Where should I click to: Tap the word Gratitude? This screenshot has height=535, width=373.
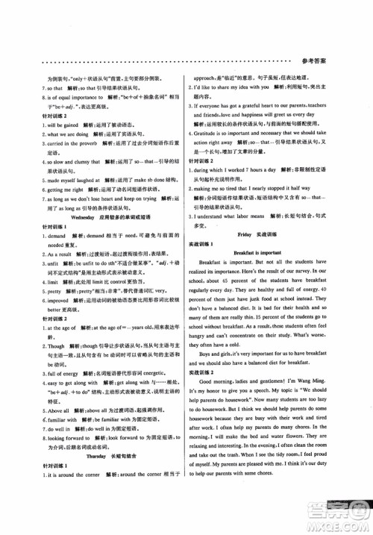click(x=221, y=137)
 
